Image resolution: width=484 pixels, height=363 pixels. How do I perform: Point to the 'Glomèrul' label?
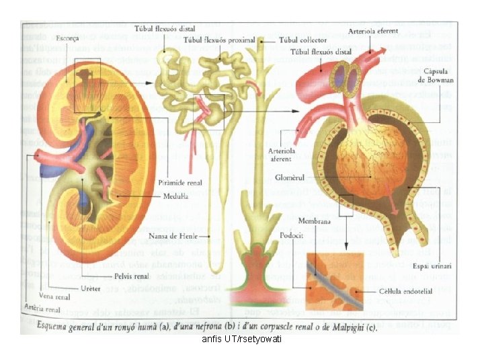click(x=291, y=178)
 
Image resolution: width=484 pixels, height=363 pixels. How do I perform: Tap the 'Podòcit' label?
click(x=291, y=236)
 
